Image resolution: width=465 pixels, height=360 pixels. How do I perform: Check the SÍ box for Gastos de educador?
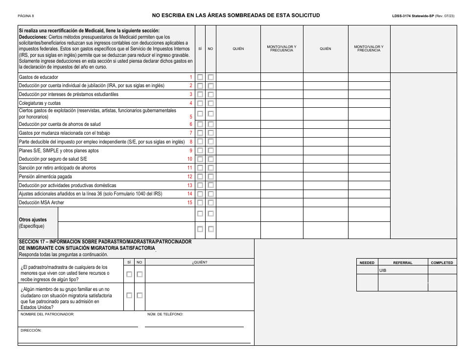point(200,77)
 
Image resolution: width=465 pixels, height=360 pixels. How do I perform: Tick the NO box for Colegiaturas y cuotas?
point(210,103)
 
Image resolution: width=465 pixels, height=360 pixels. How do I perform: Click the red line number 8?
point(191,142)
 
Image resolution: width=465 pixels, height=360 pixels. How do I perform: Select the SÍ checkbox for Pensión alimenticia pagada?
point(200,176)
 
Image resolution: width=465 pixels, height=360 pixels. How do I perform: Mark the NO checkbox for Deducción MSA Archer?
point(210,202)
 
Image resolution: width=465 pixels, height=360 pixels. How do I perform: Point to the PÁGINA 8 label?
point(26,16)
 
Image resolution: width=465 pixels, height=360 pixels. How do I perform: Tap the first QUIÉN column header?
point(238,49)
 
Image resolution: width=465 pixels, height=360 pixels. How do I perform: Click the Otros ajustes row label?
point(32,220)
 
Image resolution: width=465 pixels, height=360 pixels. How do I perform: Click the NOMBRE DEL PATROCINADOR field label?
point(47,314)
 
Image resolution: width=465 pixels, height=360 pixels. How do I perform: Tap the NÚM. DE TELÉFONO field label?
point(165,314)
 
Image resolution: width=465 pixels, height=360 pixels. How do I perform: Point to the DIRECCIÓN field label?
point(31,331)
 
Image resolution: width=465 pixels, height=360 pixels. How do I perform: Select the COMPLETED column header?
point(442,263)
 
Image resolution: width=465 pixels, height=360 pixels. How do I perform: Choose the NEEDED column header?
point(367,263)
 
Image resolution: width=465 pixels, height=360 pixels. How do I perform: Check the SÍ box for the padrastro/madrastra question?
point(129,274)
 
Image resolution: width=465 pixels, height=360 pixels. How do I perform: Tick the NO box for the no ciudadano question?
point(139,295)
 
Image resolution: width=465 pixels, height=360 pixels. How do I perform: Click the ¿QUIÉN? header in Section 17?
point(200,263)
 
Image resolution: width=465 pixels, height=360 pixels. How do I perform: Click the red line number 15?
point(190,202)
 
